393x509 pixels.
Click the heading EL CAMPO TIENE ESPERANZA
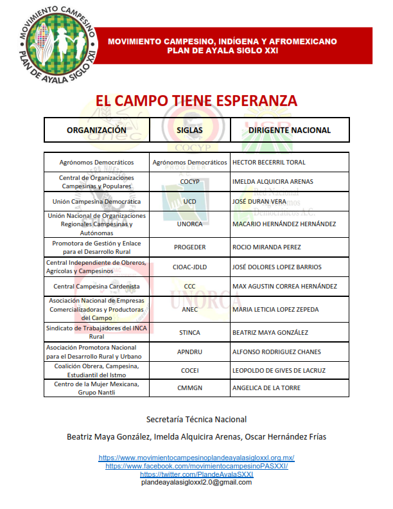[x=197, y=101]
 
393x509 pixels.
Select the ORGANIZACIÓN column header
[x=96, y=130]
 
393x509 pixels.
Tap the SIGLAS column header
[x=189, y=130]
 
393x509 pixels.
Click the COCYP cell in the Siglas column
[x=189, y=182]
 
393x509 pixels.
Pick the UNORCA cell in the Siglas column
[x=189, y=224]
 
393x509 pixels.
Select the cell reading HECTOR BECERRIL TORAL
[x=268, y=163]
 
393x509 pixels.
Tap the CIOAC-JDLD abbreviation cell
[x=189, y=267]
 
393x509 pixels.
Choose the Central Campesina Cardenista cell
[x=96, y=286]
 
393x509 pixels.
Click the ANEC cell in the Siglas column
[x=189, y=310]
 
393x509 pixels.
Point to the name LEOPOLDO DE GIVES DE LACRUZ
[x=278, y=370]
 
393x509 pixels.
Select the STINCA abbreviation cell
[x=189, y=333]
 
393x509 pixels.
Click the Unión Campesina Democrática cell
[x=96, y=201]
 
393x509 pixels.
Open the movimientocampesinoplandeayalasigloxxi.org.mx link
[x=197, y=458]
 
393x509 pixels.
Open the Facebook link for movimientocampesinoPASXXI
[x=197, y=466]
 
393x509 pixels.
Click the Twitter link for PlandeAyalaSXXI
[x=197, y=474]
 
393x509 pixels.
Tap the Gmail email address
[x=197, y=481]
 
